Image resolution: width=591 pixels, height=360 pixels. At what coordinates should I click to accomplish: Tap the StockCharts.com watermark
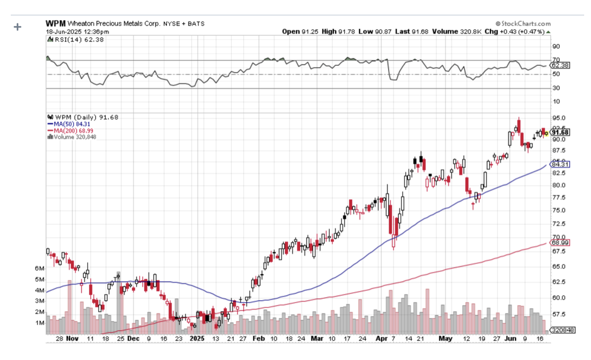pos(523,24)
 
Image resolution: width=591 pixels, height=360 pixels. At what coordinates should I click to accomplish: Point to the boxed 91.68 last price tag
pos(559,132)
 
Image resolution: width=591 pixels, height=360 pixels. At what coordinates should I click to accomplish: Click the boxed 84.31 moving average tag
pos(559,164)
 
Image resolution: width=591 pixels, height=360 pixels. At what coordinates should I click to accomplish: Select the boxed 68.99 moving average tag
pos(559,243)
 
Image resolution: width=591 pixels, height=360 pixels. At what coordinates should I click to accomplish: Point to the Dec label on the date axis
pos(133,338)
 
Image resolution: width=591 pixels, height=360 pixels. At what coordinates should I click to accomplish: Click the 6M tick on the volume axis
pos(40,268)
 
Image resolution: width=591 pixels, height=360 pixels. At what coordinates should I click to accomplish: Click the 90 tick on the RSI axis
pos(556,47)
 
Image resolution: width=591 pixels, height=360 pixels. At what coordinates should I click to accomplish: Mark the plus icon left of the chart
pos(18,27)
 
